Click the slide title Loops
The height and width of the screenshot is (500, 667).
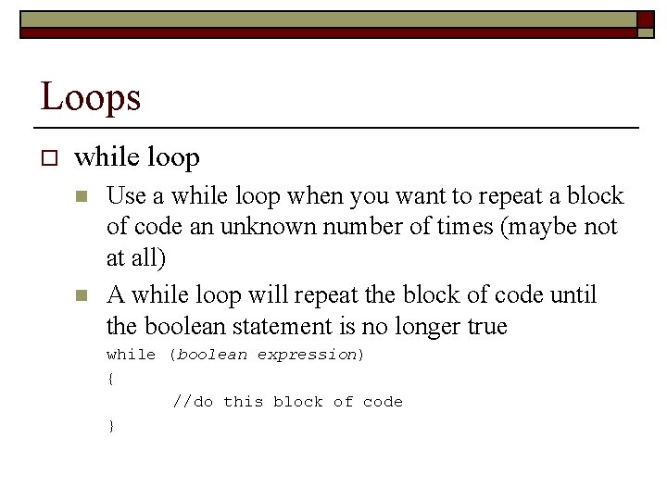90,96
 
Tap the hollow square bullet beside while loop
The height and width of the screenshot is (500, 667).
49,158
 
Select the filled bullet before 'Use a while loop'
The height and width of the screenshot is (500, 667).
82,196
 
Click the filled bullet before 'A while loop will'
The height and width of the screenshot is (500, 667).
82,295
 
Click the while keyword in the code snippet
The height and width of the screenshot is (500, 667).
131,355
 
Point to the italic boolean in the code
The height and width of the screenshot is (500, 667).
211,355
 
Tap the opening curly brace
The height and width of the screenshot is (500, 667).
110,378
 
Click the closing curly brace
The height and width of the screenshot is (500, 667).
110,425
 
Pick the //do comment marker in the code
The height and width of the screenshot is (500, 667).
193,402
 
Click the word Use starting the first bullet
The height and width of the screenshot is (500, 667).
125,196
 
